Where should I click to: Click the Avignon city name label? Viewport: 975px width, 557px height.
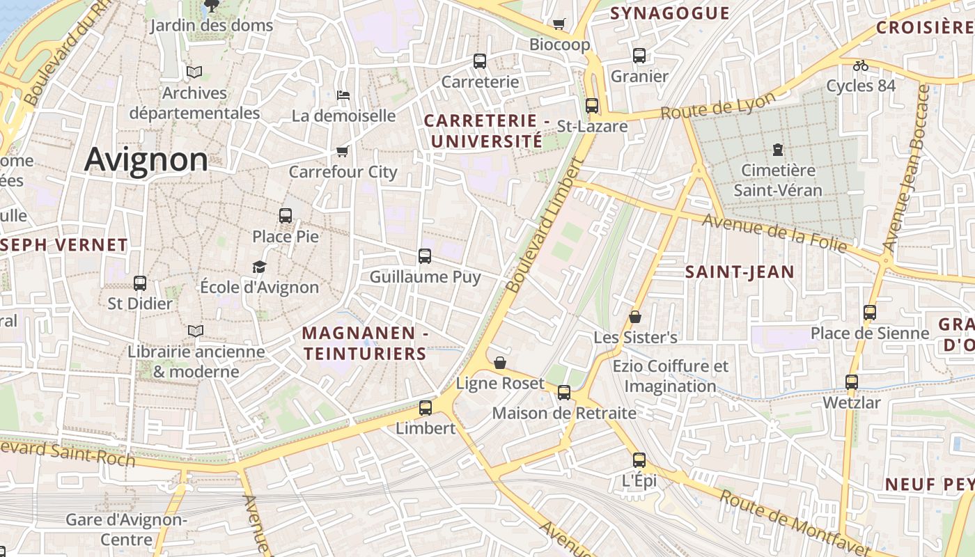pos(146,160)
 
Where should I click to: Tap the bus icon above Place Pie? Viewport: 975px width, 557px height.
pos(286,216)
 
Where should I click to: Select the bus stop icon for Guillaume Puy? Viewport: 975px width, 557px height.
pos(425,256)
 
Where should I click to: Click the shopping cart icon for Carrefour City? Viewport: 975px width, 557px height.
pos(342,151)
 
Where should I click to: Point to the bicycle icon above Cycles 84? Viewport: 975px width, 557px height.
pos(861,65)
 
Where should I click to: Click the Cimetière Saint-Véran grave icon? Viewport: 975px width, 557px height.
pos(777,149)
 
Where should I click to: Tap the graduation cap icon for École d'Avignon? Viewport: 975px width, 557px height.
pos(259,267)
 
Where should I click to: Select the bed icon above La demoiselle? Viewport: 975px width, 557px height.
pos(343,95)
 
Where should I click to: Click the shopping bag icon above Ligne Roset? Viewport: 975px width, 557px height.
pos(500,363)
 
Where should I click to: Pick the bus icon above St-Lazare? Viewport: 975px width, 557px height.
pos(592,106)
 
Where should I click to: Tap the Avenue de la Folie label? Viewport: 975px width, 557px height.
pos(774,233)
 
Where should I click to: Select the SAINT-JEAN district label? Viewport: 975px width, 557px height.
pos(740,272)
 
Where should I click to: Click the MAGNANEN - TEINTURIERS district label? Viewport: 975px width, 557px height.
pos(365,343)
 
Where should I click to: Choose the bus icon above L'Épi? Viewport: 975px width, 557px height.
pos(639,460)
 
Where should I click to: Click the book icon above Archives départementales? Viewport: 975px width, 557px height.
pos(194,72)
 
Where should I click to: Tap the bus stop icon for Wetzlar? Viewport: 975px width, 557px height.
pos(852,382)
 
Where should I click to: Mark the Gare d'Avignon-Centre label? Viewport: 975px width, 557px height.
pos(126,530)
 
